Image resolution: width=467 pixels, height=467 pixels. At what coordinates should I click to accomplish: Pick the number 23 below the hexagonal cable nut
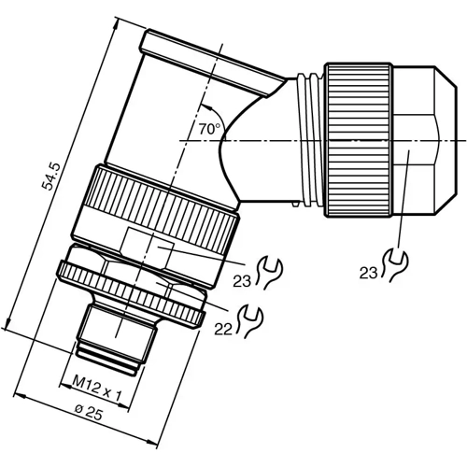(x=370, y=272)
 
